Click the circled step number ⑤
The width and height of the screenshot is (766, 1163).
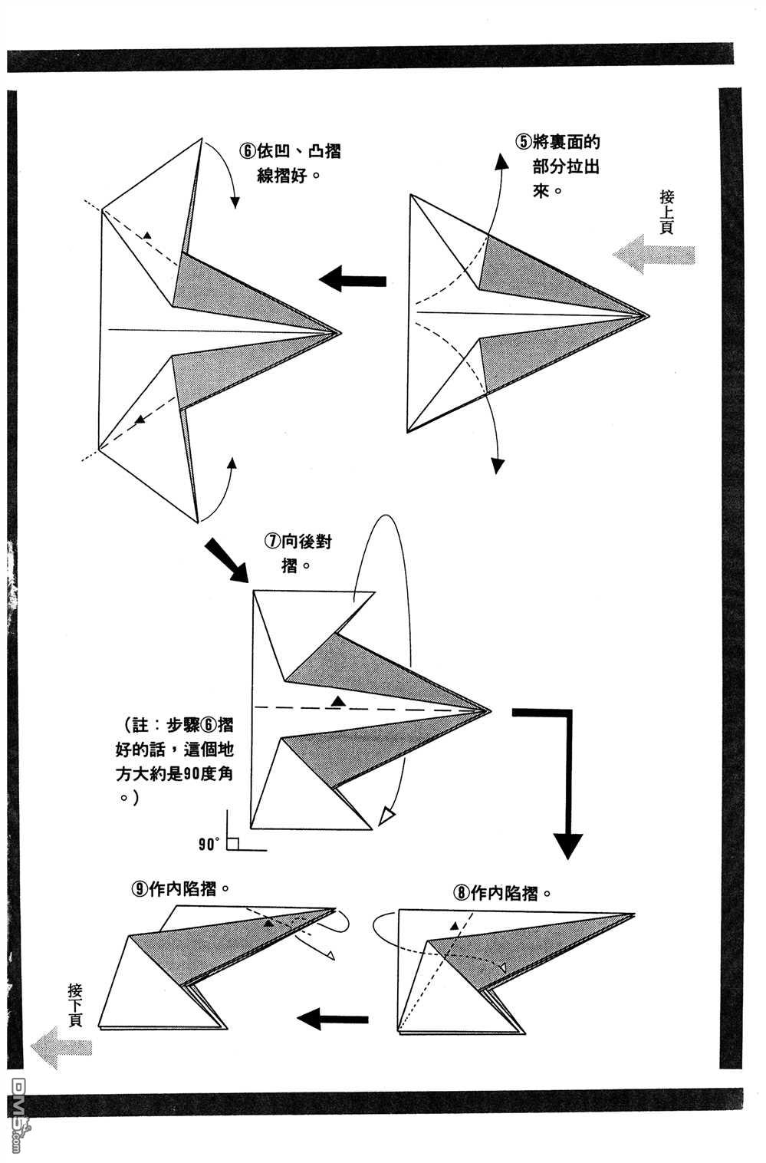pyautogui.click(x=522, y=141)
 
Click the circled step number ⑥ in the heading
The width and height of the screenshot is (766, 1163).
pyautogui.click(x=247, y=151)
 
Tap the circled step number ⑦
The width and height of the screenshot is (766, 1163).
pyautogui.click(x=271, y=542)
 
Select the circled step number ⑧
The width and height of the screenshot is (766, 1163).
pyautogui.click(x=461, y=893)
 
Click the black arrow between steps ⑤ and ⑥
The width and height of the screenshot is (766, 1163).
pyautogui.click(x=352, y=279)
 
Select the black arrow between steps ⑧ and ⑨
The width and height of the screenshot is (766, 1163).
pyautogui.click(x=332, y=1020)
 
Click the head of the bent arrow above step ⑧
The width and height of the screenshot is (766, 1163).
pyautogui.click(x=568, y=844)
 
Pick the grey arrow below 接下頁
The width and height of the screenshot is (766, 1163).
pyautogui.click(x=62, y=1047)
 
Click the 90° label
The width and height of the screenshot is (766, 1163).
pyautogui.click(x=209, y=845)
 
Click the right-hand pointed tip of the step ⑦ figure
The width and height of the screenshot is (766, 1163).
pyautogui.click(x=488, y=710)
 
